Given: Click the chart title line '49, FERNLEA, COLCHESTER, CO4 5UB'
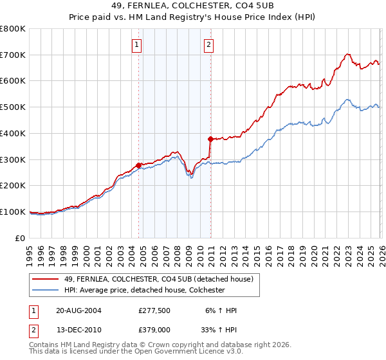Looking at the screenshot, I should coord(192,7).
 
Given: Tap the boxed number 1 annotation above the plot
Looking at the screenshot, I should coord(138,45).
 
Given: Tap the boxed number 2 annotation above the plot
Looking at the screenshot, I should coord(210,45).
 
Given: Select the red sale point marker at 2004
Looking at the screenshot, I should coord(138,165).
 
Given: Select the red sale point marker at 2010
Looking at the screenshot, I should coord(210,139).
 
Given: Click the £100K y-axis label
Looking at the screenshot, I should coord(13,212).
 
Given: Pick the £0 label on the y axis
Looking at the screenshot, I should coord(21,238).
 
